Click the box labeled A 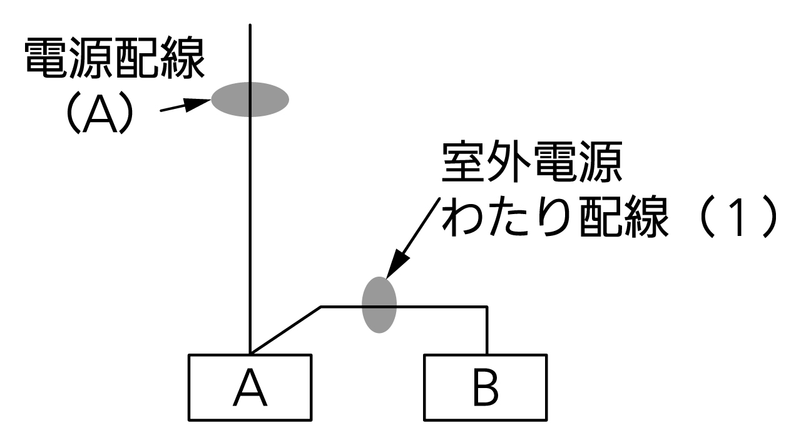point(250,387)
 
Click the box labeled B point(485,387)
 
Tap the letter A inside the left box point(250,389)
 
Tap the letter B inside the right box point(485,389)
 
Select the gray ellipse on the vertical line point(250,99)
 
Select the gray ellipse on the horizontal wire point(379,304)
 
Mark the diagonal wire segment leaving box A point(285,330)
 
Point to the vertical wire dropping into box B point(486,330)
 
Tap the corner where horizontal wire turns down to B point(486,307)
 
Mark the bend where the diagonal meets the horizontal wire point(321,307)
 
